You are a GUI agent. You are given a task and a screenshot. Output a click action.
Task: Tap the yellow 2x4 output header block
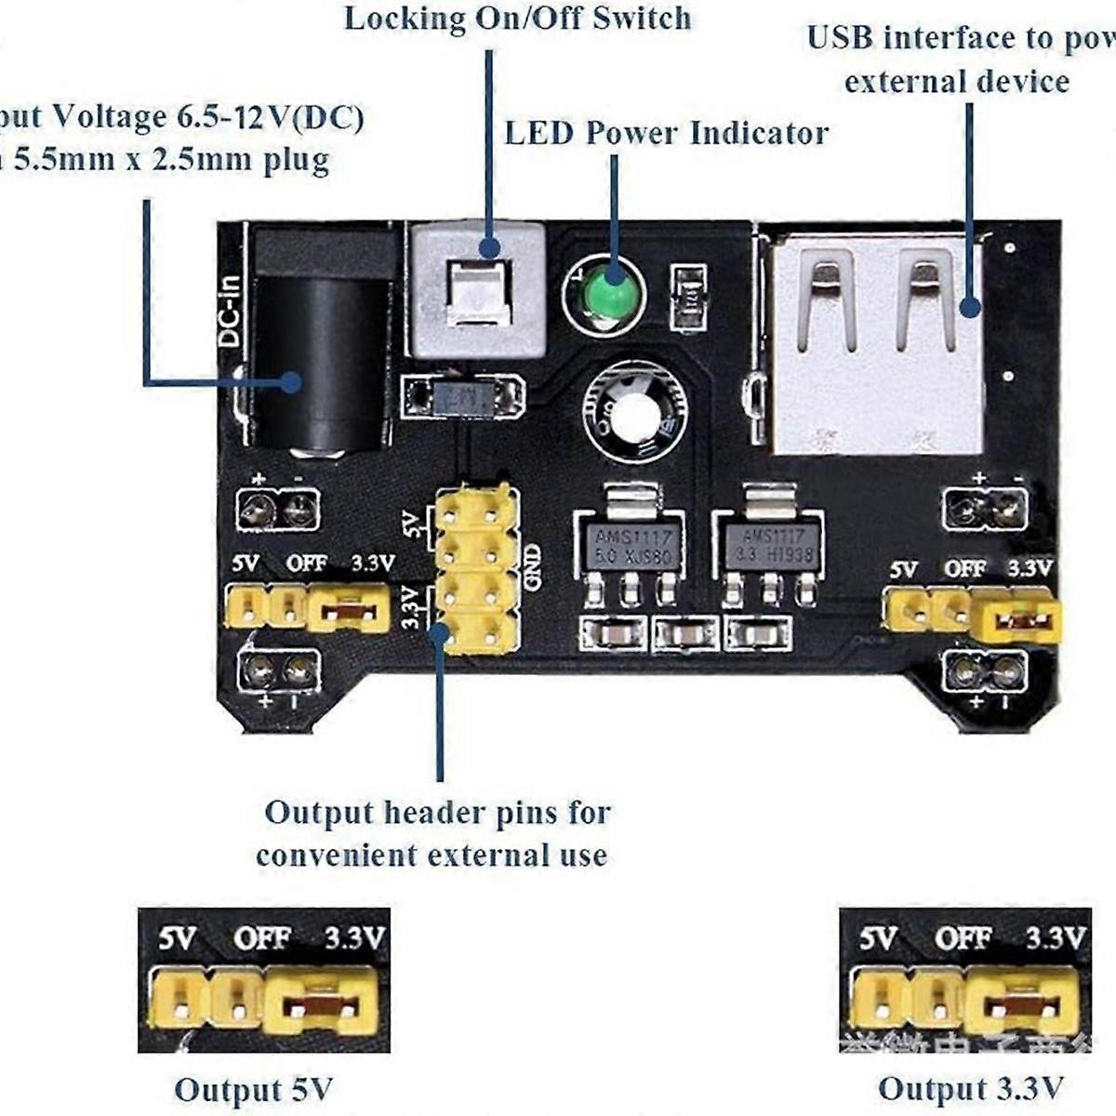click(475, 569)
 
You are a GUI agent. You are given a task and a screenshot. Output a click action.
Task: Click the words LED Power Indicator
click(666, 133)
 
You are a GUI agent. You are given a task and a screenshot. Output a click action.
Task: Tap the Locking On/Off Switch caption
click(518, 19)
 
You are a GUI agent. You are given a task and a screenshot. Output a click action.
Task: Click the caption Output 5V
click(253, 1089)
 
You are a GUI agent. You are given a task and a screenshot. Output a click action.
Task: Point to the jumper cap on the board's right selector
click(1016, 621)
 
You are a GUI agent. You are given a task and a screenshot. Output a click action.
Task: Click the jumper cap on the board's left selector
click(348, 611)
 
